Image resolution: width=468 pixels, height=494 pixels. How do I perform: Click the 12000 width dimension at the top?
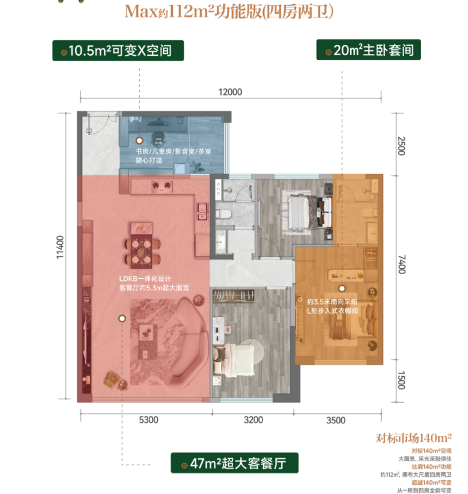coord(230,92)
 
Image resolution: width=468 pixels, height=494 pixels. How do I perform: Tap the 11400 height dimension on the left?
coord(60,248)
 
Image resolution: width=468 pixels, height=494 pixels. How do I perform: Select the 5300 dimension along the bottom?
coord(149,420)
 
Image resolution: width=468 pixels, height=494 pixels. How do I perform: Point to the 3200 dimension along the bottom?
coord(254,420)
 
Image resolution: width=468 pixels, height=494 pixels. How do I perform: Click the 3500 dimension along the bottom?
coord(336,420)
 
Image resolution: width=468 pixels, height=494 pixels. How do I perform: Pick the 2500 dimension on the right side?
coord(401,146)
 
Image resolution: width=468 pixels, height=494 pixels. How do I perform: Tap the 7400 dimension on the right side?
coord(401,264)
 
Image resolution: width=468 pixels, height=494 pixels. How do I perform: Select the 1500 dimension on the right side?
coord(401,380)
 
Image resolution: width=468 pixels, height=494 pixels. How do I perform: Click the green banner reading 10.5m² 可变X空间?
coord(118,51)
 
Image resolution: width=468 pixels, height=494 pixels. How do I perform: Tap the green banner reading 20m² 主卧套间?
coord(369,50)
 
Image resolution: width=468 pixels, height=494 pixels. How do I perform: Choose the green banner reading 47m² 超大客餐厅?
coord(235,463)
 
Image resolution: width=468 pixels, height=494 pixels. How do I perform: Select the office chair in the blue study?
coord(158,138)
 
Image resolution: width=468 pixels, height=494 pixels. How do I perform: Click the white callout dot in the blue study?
coord(140,141)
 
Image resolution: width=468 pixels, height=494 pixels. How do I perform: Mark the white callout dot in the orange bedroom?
coord(342,288)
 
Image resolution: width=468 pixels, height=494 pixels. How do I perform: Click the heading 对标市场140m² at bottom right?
coord(414,438)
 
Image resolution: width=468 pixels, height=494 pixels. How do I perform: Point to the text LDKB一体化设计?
coord(145,279)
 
